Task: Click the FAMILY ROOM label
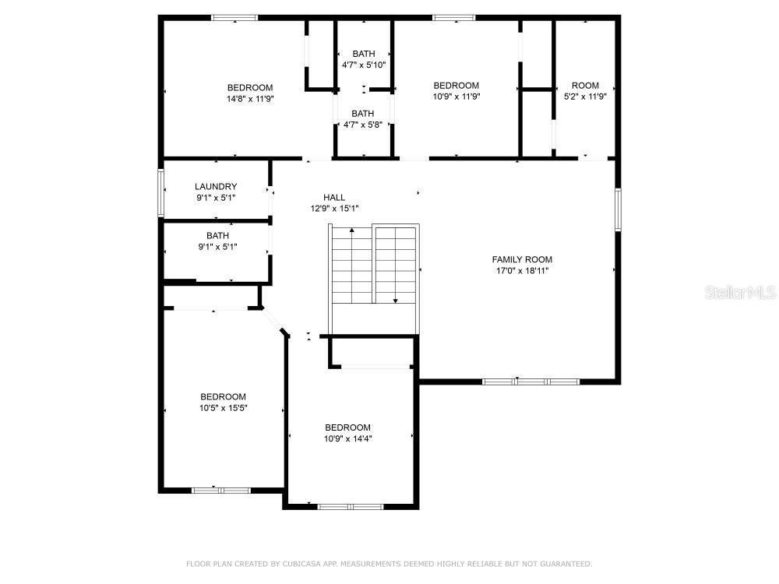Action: (x=522, y=259)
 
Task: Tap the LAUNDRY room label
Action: (x=216, y=187)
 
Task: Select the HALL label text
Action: (x=334, y=198)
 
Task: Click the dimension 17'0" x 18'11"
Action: (x=522, y=271)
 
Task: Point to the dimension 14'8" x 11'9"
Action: (x=250, y=99)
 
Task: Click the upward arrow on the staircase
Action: (x=352, y=266)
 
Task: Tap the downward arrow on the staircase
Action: (x=396, y=266)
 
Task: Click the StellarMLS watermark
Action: (x=740, y=292)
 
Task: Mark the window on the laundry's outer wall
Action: (x=161, y=192)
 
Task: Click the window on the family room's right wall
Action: (x=618, y=209)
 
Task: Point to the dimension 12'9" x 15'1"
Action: (x=335, y=209)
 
